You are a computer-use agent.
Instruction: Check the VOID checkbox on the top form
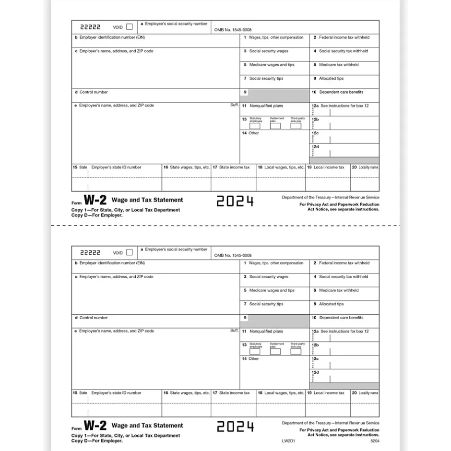(x=129, y=27)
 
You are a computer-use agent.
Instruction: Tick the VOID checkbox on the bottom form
(x=129, y=252)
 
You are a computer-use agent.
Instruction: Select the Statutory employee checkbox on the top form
(x=255, y=126)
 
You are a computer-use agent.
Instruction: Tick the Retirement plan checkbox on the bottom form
(x=275, y=352)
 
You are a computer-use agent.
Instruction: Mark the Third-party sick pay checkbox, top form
(x=296, y=126)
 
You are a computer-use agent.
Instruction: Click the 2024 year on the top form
(x=235, y=202)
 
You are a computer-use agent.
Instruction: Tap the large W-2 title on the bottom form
(x=95, y=426)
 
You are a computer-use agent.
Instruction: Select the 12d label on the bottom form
(x=315, y=372)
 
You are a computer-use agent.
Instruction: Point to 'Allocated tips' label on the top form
(x=331, y=78)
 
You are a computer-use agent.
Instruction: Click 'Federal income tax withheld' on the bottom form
(x=344, y=263)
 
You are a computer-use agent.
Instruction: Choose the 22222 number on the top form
(x=90, y=27)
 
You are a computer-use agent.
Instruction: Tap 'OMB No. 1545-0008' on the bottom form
(x=233, y=255)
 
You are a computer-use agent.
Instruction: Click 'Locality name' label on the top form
(x=368, y=167)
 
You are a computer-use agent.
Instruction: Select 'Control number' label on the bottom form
(x=94, y=318)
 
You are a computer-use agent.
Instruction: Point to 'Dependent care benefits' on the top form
(x=341, y=92)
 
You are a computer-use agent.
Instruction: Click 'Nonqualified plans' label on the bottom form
(x=266, y=332)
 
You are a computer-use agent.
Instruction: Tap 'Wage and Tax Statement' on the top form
(x=147, y=200)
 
